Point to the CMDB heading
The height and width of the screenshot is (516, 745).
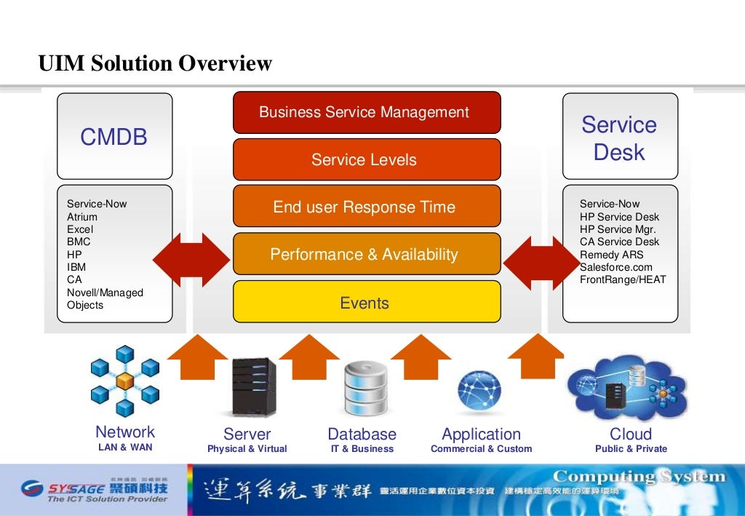(x=114, y=137)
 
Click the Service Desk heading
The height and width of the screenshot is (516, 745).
(x=619, y=138)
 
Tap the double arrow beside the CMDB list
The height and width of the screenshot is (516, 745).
(x=191, y=260)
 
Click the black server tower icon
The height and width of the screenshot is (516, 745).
(x=254, y=386)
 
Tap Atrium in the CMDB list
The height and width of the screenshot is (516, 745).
(x=82, y=217)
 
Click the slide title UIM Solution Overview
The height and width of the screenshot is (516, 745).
(x=155, y=64)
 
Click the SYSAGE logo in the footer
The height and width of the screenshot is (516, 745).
(x=95, y=490)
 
